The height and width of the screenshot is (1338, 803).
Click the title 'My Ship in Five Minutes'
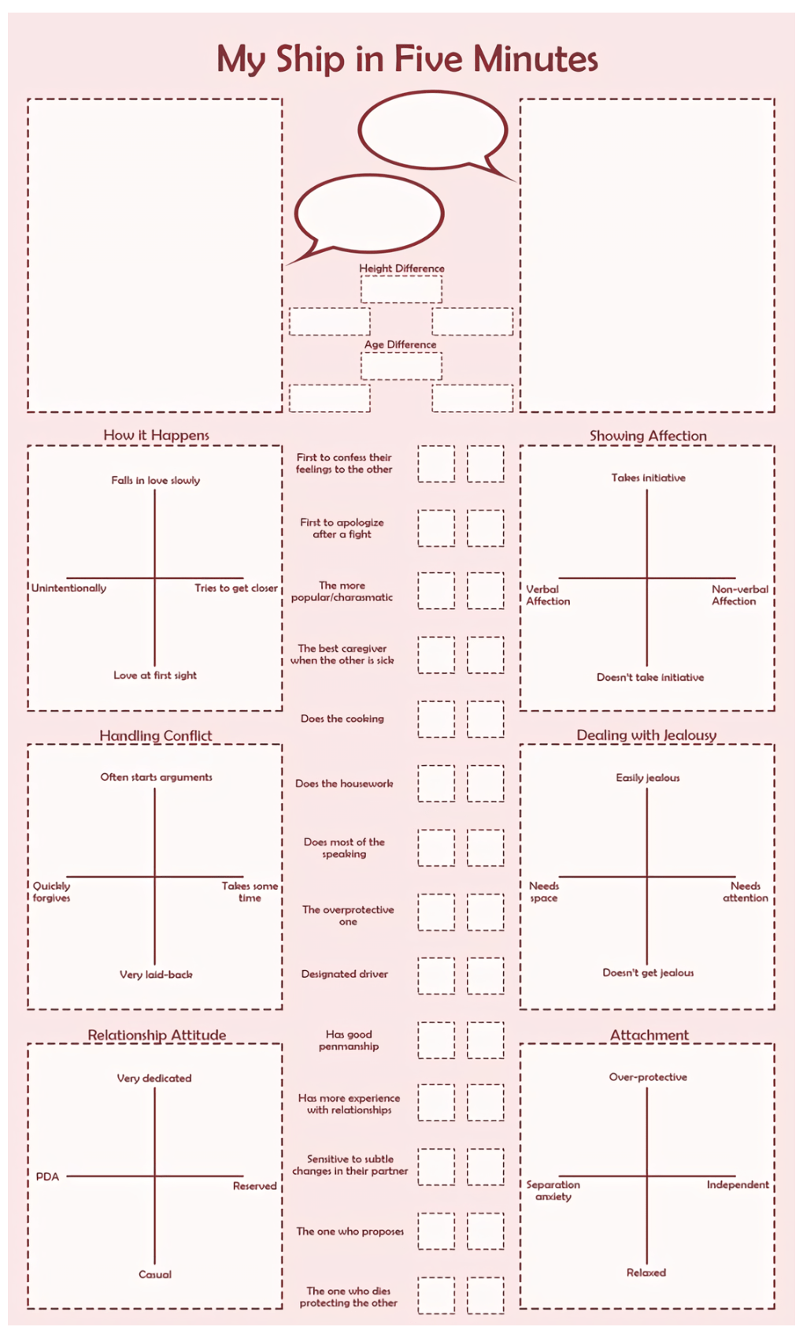(407, 60)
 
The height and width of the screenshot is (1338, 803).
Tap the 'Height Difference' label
(401, 269)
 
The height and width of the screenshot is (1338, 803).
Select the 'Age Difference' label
(400, 345)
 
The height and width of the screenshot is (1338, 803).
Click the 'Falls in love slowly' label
(155, 481)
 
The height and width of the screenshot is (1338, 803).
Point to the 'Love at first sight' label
(155, 675)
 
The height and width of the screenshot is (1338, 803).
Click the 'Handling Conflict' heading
(155, 736)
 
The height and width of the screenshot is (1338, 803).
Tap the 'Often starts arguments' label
(156, 777)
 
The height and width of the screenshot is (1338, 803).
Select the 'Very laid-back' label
(156, 975)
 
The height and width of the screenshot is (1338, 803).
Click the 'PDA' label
(47, 1176)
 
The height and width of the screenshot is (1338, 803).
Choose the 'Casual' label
(155, 1274)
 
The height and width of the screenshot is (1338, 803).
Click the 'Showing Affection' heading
(648, 436)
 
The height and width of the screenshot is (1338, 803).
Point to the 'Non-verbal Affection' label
(739, 595)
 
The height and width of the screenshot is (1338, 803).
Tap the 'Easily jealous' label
(648, 778)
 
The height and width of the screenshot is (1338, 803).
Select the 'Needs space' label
(544, 892)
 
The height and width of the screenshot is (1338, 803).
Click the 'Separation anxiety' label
(553, 1191)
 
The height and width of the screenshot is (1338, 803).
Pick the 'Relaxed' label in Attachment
(646, 1273)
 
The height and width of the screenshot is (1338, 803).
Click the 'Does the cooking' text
(342, 719)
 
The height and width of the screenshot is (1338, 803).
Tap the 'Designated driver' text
(345, 974)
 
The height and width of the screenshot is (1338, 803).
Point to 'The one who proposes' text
(350, 1231)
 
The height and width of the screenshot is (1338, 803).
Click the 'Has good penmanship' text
(349, 1040)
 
